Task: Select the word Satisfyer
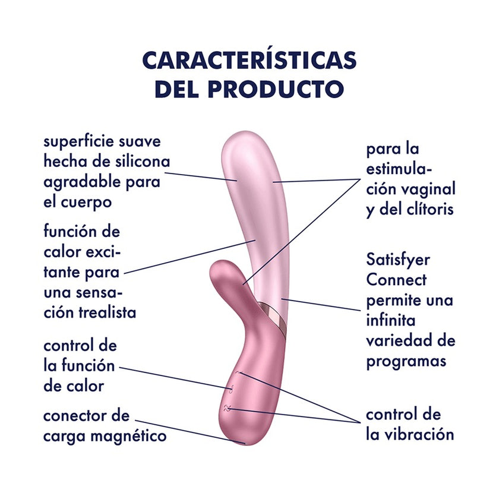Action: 398,260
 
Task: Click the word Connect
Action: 396,280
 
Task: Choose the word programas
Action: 406,362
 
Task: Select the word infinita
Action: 391,320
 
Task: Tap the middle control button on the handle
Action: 232,389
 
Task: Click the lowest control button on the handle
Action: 227,409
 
